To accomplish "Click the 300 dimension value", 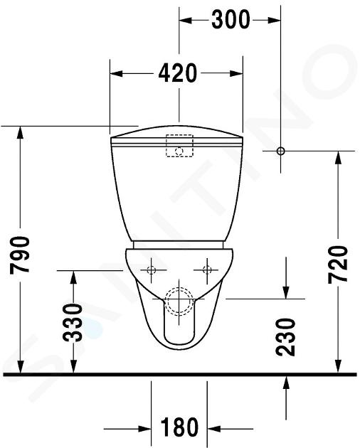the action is tap(231, 19).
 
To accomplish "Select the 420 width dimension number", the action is tap(178, 73).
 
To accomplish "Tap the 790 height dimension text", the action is tap(20, 255).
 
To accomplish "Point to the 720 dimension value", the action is tap(338, 265).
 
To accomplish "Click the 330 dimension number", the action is tap(73, 323).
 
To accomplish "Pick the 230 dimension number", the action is tap(286, 337).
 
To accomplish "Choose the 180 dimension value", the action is tap(179, 427).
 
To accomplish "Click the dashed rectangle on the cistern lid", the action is tap(179, 146).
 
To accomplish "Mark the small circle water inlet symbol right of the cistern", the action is tap(280, 151).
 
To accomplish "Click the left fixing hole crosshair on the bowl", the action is tap(152, 270).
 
